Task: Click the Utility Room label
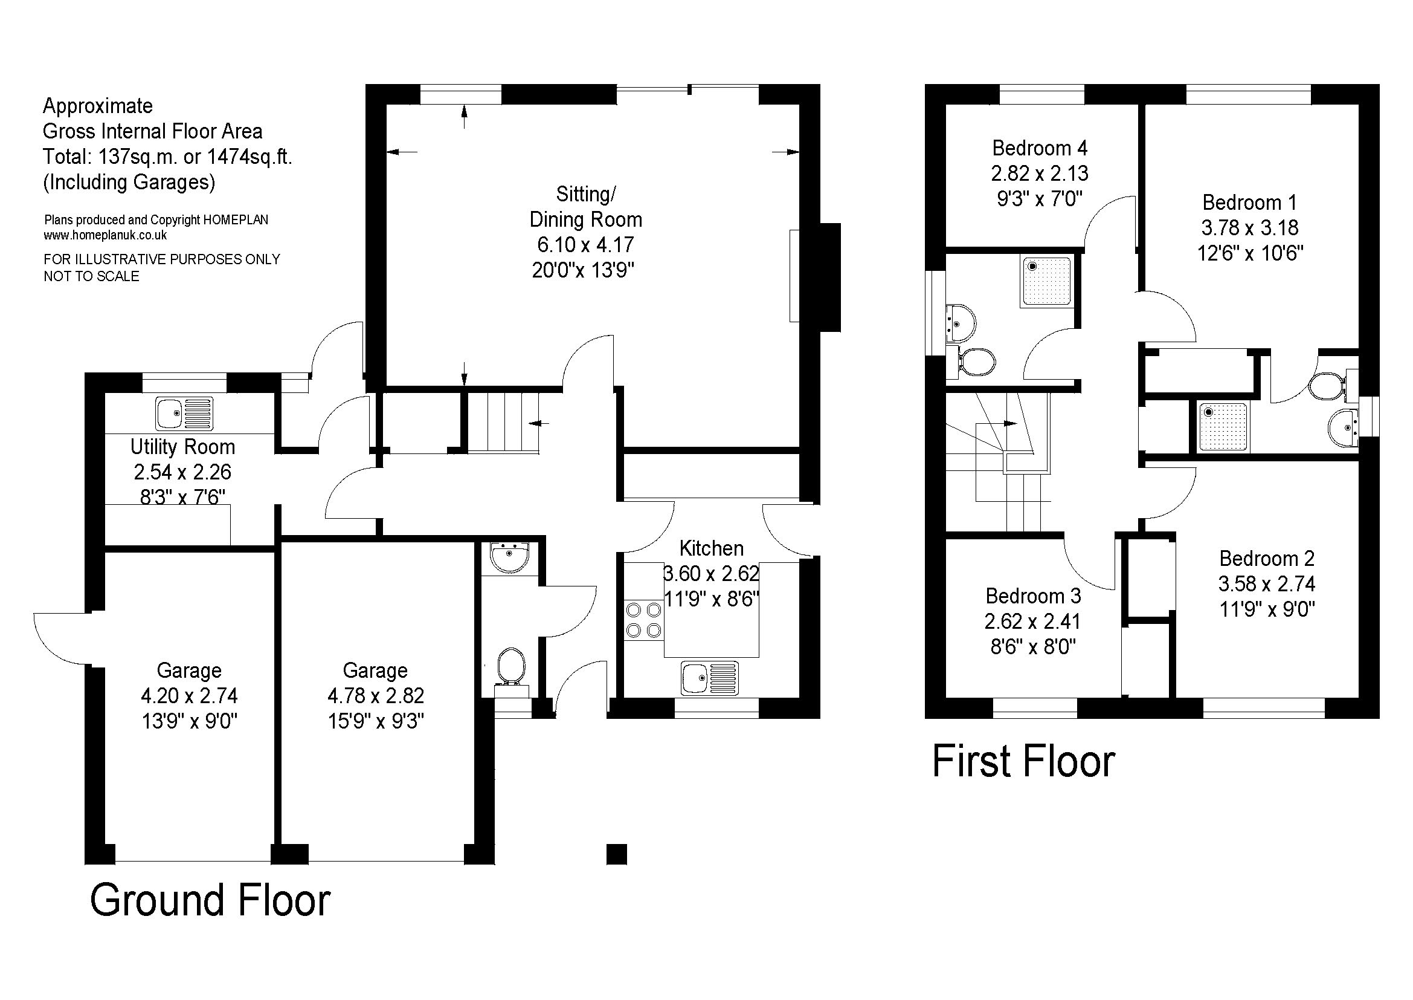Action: [183, 446]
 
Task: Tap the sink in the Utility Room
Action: [185, 413]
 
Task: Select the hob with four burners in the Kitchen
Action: [644, 621]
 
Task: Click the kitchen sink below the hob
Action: [710, 678]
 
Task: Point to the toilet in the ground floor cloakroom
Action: [511, 666]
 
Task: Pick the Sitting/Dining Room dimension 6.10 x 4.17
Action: [585, 244]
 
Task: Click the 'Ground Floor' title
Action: [210, 900]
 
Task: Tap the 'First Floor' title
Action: [1023, 762]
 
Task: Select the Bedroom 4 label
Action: [1040, 148]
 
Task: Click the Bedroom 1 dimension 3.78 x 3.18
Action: [1249, 227]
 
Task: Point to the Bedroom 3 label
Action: [1032, 596]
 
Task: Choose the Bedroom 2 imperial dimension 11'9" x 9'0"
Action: [1267, 609]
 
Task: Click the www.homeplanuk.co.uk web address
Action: [105, 235]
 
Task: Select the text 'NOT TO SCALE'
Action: [92, 276]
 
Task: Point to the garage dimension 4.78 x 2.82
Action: [375, 695]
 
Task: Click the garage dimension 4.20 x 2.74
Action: [189, 695]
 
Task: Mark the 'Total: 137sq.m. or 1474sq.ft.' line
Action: [167, 157]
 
